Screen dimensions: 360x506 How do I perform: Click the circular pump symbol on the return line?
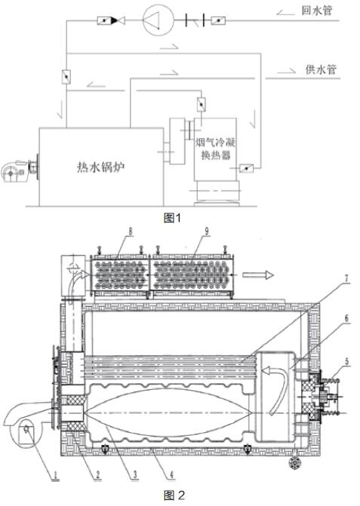click(158, 20)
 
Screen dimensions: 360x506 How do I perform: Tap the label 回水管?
click(317, 11)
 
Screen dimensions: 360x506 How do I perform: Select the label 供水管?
click(321, 69)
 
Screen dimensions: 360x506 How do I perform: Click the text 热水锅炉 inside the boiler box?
click(100, 167)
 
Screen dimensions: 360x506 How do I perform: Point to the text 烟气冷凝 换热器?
click(216, 149)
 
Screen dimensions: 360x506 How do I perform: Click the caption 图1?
click(172, 218)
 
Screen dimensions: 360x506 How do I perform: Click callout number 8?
click(130, 231)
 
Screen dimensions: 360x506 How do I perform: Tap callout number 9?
click(207, 231)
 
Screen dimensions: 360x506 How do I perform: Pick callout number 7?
click(346, 278)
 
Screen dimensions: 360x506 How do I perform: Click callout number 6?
click(346, 318)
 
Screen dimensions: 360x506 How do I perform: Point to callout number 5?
click(347, 361)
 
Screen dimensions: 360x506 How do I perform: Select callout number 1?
click(55, 474)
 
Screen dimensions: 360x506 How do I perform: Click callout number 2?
click(97, 474)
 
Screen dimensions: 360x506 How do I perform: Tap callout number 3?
click(135, 474)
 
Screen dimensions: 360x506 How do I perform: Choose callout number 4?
click(171, 474)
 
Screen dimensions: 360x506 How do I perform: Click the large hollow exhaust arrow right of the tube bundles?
click(258, 275)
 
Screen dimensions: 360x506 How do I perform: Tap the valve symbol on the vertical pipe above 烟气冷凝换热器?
click(202, 104)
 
